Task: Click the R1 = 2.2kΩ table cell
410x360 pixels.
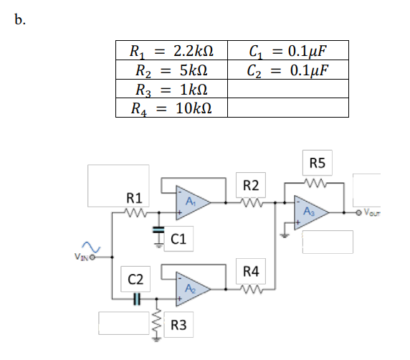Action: [x=172, y=52]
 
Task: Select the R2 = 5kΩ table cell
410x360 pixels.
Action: [x=172, y=70]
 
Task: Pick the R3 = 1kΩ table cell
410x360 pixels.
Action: [x=172, y=90]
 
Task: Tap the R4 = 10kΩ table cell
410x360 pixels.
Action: [x=172, y=108]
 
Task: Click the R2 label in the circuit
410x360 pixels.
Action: [x=252, y=186]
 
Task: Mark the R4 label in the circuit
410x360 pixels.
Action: [x=252, y=271]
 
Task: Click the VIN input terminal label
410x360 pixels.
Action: [x=80, y=256]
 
